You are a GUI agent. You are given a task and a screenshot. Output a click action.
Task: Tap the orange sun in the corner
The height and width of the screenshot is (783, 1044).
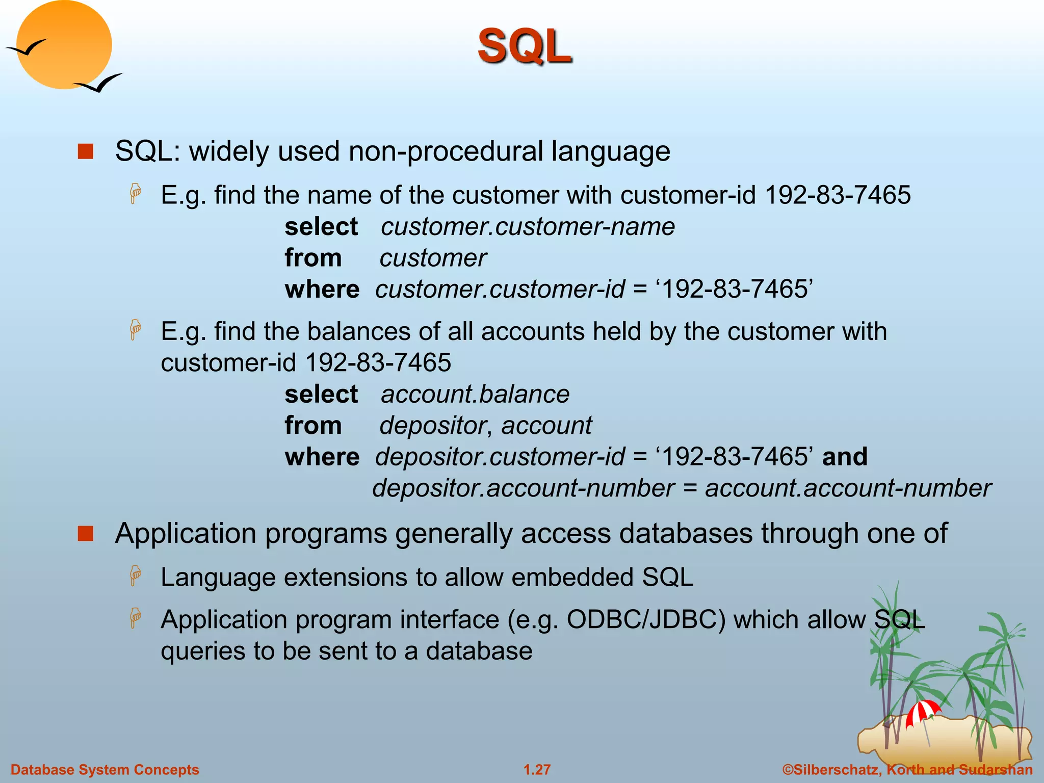pos(64,45)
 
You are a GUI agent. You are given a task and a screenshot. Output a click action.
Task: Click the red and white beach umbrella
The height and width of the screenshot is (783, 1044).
pos(922,712)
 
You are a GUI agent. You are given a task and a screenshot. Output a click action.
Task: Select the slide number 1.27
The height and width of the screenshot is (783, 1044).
pos(537,770)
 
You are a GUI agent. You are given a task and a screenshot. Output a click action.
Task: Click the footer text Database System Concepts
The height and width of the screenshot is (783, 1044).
pos(105,770)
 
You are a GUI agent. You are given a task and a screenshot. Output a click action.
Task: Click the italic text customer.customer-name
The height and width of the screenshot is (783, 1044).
pos(528,226)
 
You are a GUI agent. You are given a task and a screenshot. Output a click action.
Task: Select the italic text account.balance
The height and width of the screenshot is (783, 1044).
pos(475,394)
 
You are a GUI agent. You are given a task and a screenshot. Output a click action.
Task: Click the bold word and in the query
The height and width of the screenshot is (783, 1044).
pos(845,456)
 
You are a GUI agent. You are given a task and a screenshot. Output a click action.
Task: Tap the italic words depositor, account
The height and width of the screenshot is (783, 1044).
pos(485,425)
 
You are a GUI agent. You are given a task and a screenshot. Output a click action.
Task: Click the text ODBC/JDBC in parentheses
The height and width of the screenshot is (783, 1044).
pos(645,620)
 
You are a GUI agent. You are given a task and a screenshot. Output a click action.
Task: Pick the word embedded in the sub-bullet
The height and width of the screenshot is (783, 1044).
pos(573,578)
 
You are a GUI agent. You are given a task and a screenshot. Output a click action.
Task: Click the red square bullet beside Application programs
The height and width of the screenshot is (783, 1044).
pos(86,534)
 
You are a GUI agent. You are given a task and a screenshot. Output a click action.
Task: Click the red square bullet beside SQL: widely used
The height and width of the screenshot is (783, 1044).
pos(86,151)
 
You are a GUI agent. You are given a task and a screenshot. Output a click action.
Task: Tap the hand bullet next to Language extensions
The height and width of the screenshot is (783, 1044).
pos(135,576)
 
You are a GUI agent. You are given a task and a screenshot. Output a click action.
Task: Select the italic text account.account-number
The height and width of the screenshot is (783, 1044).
pos(848,488)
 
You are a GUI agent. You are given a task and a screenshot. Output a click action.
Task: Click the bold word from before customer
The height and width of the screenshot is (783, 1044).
pos(312,258)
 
